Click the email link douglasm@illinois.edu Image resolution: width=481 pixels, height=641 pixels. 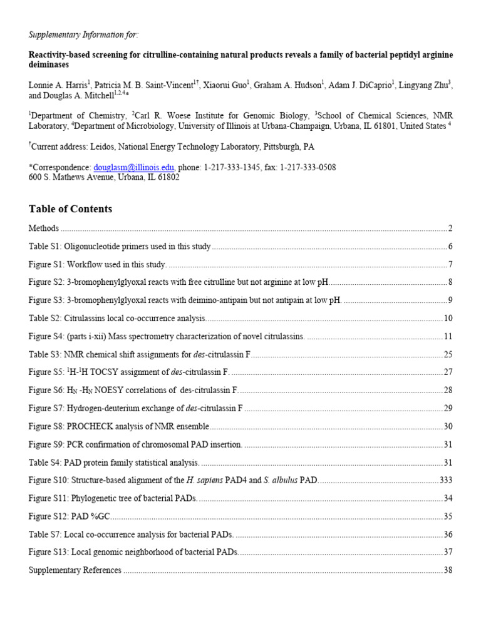pyautogui.click(x=135, y=168)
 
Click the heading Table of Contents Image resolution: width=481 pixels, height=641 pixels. pyautogui.click(x=70, y=209)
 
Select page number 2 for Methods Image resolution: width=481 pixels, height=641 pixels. pyautogui.click(x=450, y=228)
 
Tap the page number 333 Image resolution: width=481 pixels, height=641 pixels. pyautogui.click(x=445, y=481)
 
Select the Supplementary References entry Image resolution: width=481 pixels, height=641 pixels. pyautogui.click(x=75, y=570)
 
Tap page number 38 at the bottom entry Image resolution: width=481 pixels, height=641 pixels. pyautogui.click(x=448, y=570)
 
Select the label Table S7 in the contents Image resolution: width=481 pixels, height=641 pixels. pyautogui.click(x=44, y=535)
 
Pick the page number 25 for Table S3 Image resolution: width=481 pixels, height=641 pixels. pyautogui.click(x=448, y=355)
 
